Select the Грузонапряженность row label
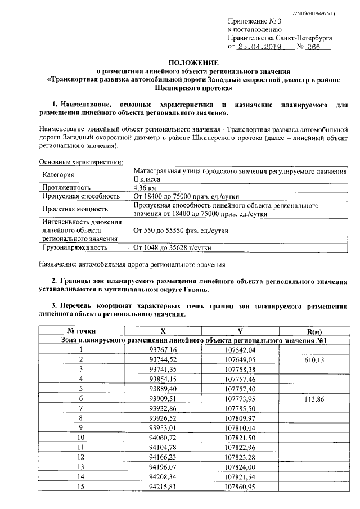pos(75,246)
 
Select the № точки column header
pos(81,331)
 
